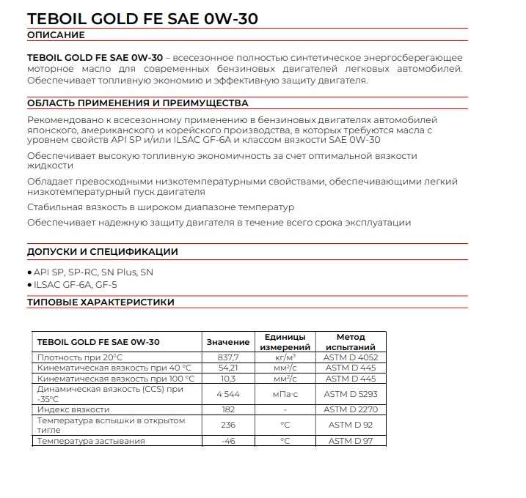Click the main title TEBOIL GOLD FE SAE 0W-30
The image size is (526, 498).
pos(142,18)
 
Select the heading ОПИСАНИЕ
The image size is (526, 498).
pos(56,35)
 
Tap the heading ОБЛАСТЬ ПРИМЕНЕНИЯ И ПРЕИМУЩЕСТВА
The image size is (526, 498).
pos(137,103)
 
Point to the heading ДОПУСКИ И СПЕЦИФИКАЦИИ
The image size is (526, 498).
pos(102,252)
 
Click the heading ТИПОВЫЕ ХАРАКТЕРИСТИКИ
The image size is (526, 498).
pos(101,302)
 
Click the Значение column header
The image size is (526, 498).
pos(227,342)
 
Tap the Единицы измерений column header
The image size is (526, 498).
pos(285,342)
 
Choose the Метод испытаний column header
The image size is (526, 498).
pos(350,342)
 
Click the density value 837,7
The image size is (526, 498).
pos(227,357)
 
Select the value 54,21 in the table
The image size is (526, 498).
pos(227,368)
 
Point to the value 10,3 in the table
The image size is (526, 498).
pos(227,379)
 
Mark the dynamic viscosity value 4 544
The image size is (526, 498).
pos(227,394)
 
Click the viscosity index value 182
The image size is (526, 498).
pos(227,409)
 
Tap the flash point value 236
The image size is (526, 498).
pos(227,425)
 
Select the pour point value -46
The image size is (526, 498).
pos(227,441)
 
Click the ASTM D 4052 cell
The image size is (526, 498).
pos(350,357)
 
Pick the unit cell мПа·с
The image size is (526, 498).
pos(285,394)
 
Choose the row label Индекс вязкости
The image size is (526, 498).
pos(73,409)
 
